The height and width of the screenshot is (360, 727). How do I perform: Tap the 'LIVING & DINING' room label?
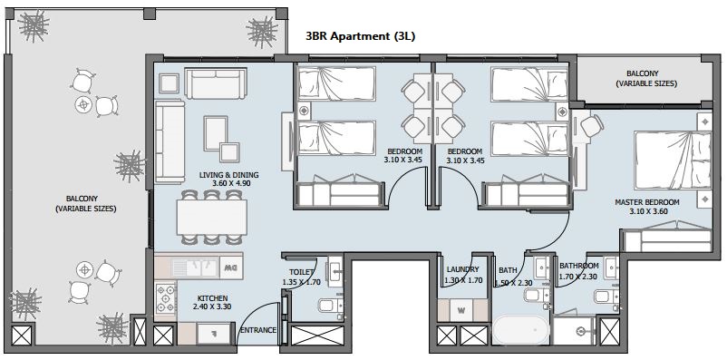click(x=229, y=174)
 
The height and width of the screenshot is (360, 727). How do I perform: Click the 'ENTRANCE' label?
click(x=257, y=330)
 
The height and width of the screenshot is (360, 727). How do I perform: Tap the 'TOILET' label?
click(x=301, y=272)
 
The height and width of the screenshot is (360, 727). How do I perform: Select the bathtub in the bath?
click(x=520, y=327)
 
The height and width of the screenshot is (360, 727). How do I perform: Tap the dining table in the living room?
click(x=211, y=216)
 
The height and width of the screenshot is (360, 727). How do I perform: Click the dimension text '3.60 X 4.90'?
click(x=229, y=184)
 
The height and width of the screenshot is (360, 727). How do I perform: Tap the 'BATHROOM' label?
click(x=579, y=267)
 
